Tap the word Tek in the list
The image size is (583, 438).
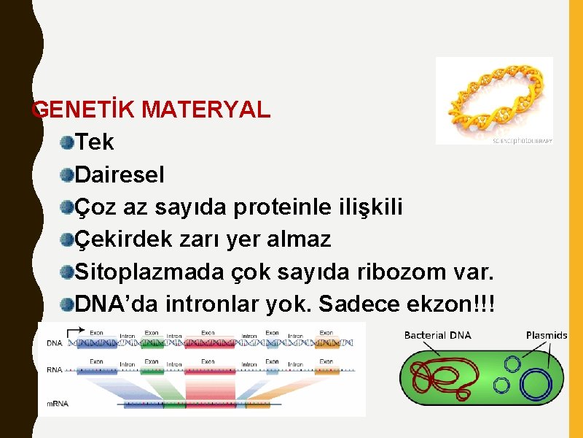[95, 142]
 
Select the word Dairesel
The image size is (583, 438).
[120, 175]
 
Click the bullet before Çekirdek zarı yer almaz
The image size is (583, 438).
[67, 239]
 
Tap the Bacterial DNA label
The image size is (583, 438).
[437, 336]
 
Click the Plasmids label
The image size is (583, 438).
[546, 336]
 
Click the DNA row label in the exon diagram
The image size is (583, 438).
[54, 342]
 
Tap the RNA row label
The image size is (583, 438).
[54, 370]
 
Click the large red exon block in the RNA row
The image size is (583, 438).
[209, 370]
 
